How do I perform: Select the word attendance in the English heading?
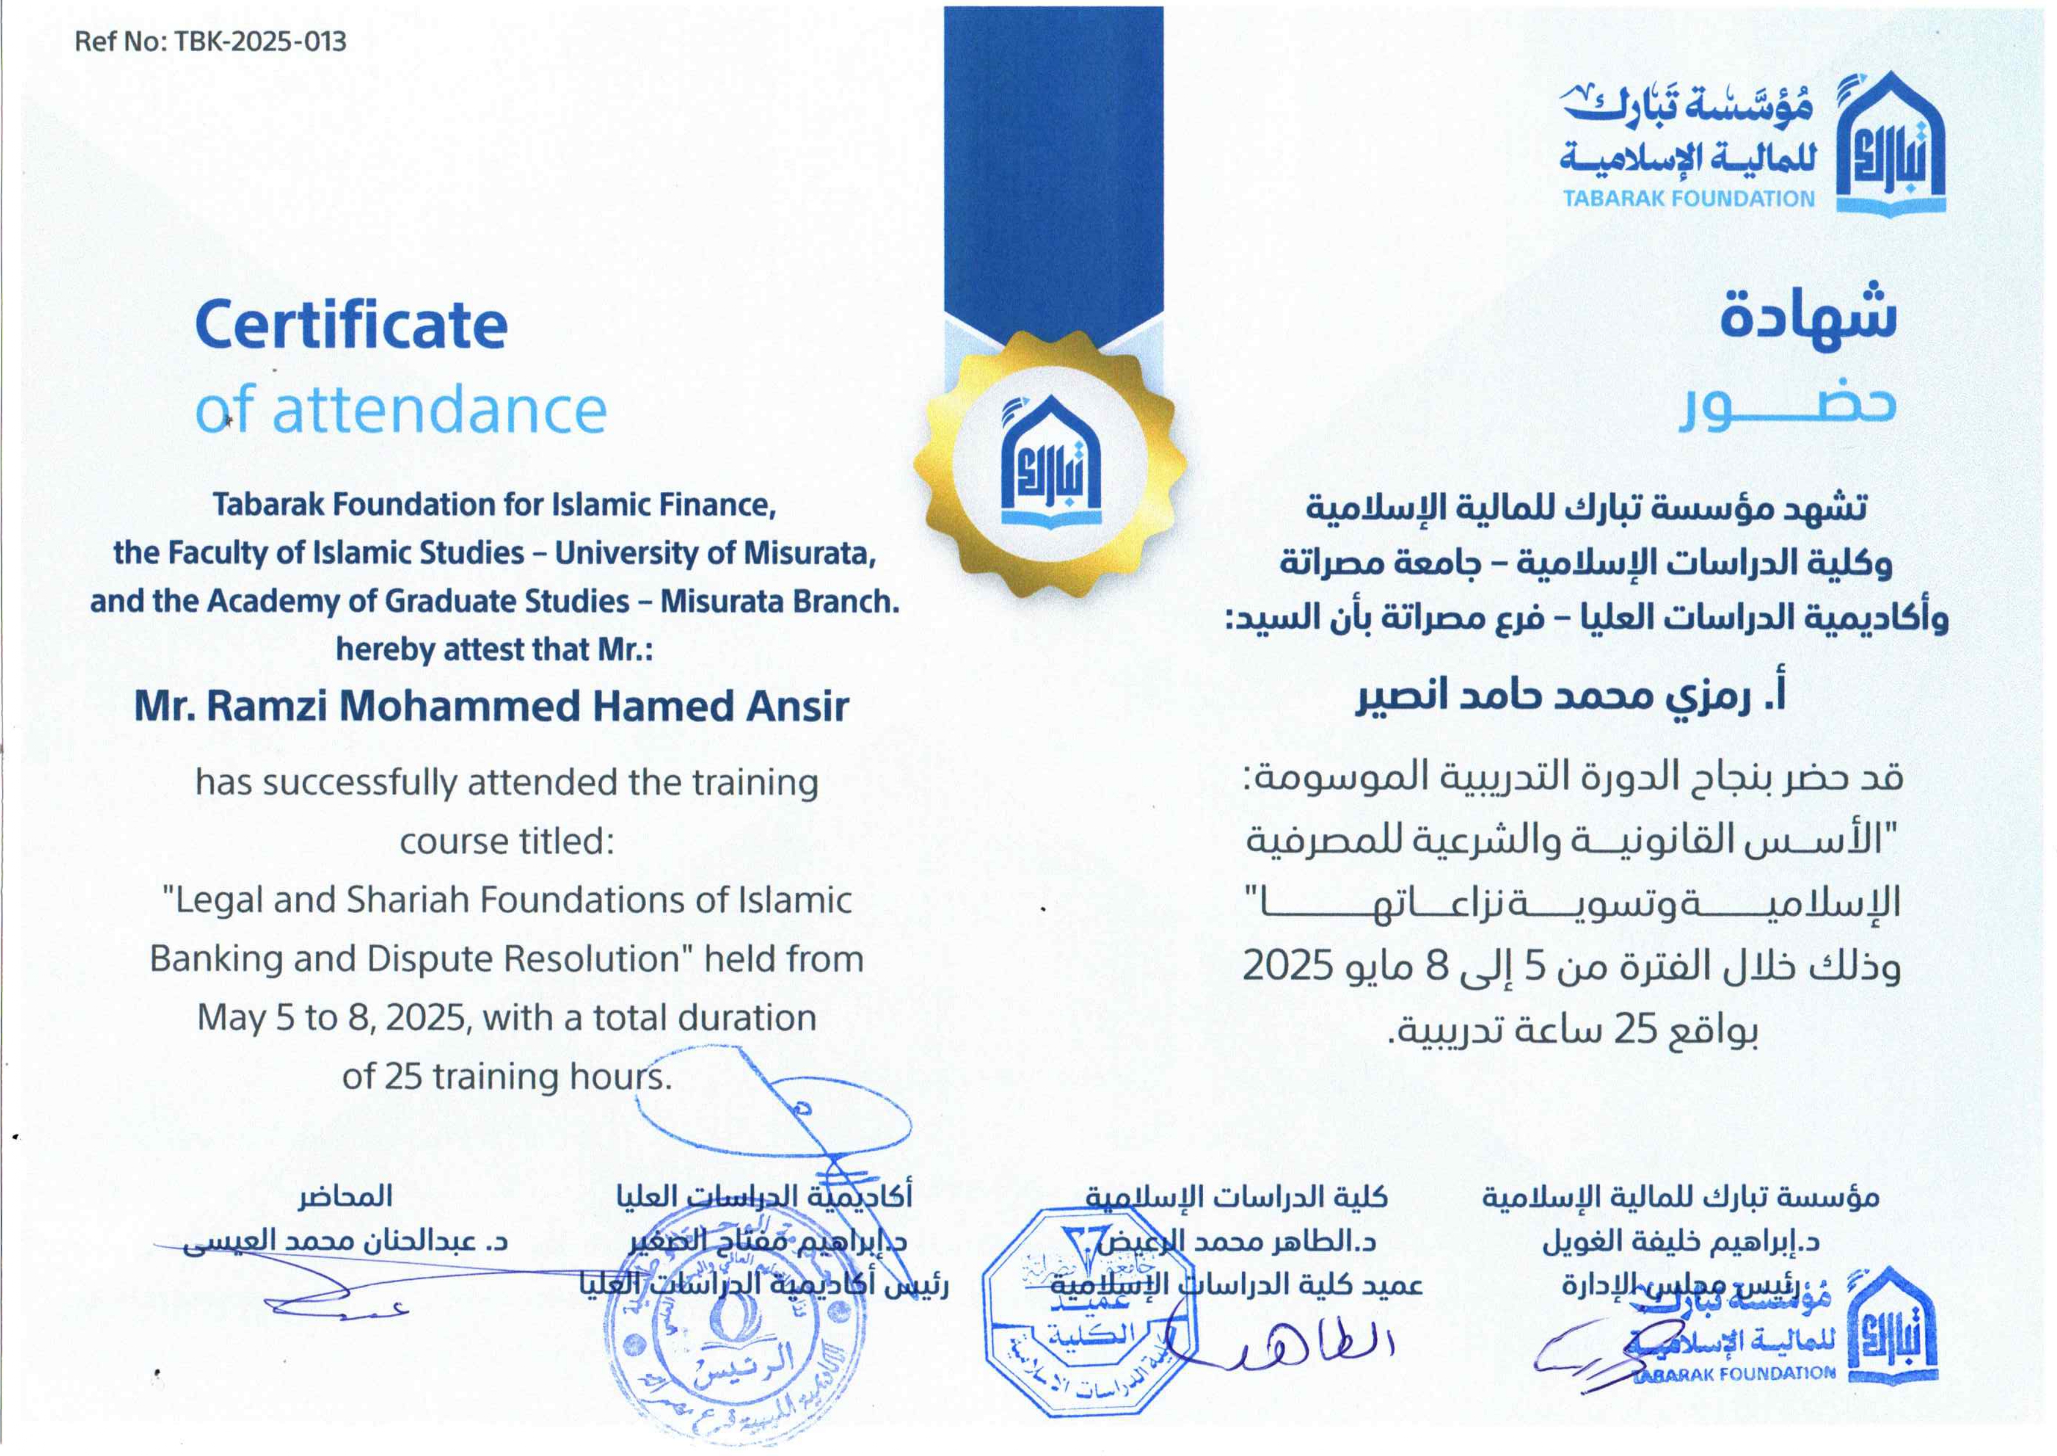click(439, 410)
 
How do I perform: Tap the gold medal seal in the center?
click(1051, 464)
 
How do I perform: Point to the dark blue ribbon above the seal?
click(1053, 161)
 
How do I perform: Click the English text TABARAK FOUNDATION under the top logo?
click(1688, 199)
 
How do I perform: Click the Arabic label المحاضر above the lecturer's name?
click(346, 1196)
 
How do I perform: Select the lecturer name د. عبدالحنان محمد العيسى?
click(346, 1242)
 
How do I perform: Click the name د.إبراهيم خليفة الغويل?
click(1681, 1242)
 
